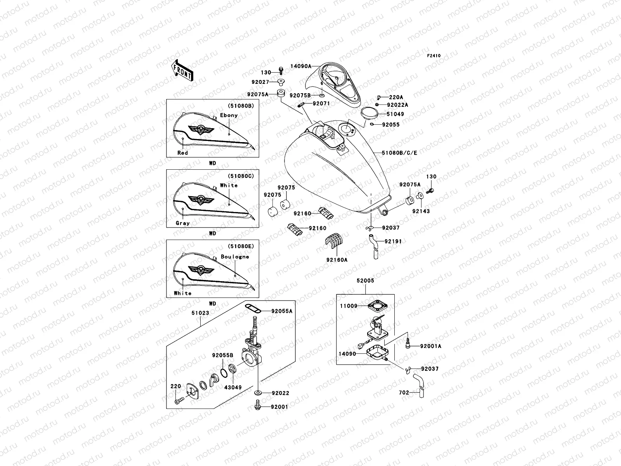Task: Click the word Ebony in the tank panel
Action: (x=229, y=115)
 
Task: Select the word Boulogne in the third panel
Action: (x=235, y=257)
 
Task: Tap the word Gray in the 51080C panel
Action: (x=182, y=223)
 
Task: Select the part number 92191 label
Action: (x=393, y=242)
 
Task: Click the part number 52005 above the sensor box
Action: (x=365, y=280)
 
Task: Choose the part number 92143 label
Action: (x=421, y=211)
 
